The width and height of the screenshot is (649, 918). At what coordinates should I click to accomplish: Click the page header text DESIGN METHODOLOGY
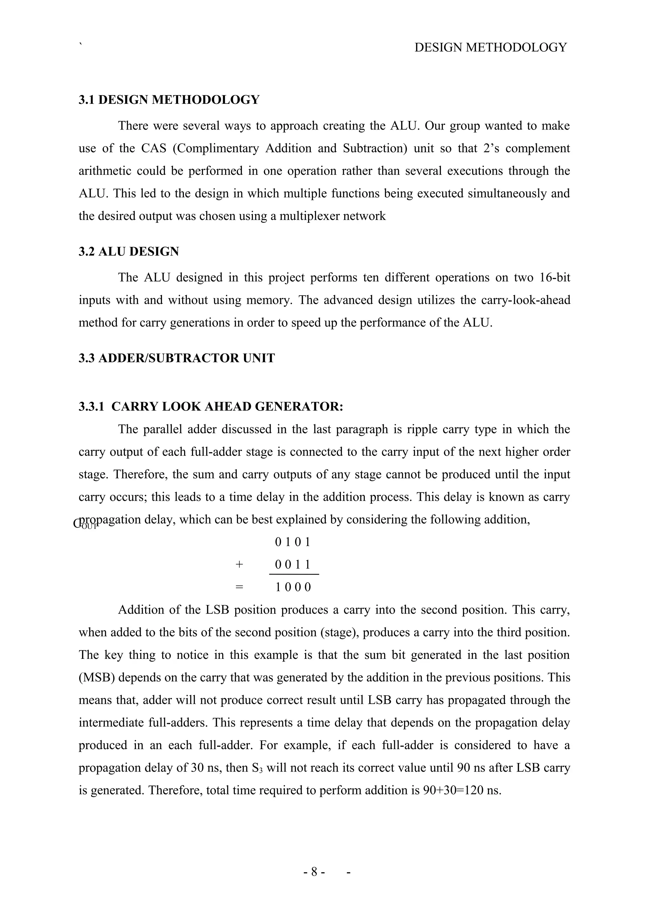(x=490, y=48)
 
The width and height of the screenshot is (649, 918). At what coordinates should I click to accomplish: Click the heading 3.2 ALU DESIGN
(x=129, y=252)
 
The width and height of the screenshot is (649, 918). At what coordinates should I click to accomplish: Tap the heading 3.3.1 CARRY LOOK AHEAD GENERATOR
(x=211, y=407)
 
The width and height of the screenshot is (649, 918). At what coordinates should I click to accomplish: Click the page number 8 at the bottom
(x=314, y=872)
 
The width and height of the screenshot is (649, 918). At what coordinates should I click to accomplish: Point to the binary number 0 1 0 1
(x=293, y=543)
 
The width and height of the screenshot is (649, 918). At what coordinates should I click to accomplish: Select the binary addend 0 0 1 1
(x=293, y=565)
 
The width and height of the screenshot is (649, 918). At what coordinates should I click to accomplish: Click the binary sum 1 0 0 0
(x=293, y=587)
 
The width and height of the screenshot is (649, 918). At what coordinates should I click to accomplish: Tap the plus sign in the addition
(x=239, y=564)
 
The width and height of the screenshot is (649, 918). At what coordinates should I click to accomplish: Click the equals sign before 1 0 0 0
(x=239, y=587)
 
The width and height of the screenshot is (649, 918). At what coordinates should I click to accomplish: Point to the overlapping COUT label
(x=85, y=525)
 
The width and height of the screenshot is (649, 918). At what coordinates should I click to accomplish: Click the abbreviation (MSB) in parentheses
(x=96, y=678)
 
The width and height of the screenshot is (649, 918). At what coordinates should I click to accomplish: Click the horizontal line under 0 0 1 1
(x=294, y=575)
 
